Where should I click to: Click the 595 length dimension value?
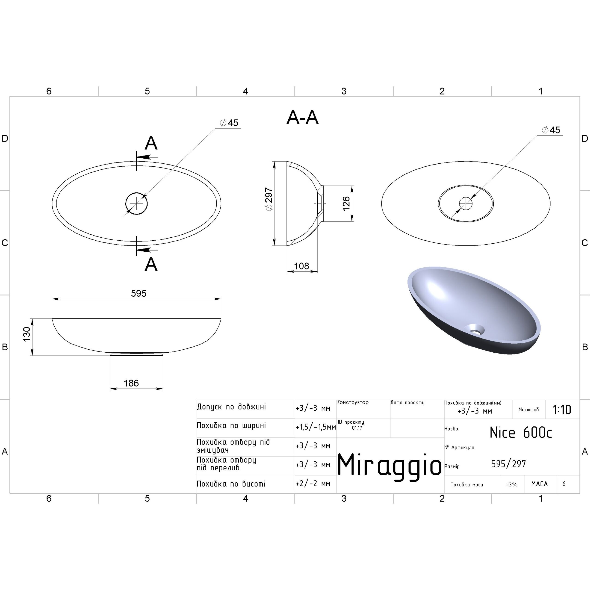point(139,293)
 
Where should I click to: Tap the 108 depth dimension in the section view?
point(301,266)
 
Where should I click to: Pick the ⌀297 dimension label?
point(269,199)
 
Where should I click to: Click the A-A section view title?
point(302,118)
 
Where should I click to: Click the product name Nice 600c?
point(521,432)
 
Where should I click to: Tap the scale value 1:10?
point(562,410)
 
